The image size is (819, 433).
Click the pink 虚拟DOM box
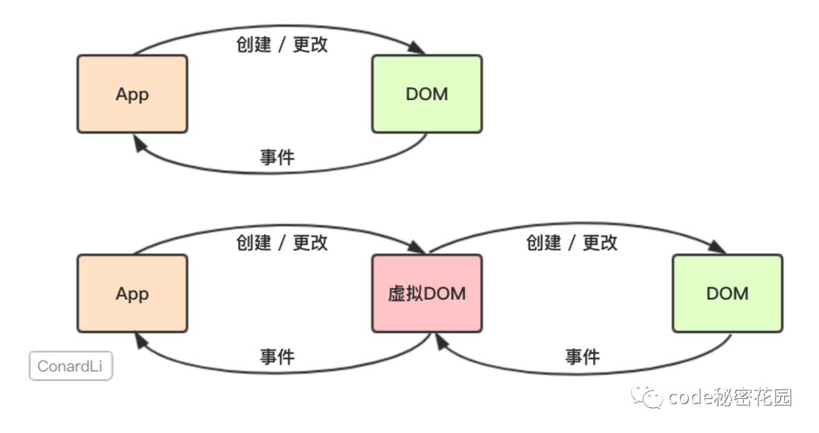pyautogui.click(x=426, y=293)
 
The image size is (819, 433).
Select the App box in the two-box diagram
pyautogui.click(x=132, y=94)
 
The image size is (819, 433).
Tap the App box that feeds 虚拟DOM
pyautogui.click(x=132, y=293)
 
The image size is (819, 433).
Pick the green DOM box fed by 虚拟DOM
pyautogui.click(x=726, y=293)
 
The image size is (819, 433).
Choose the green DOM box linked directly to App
pyautogui.click(x=426, y=94)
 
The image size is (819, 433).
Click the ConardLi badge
pyautogui.click(x=71, y=366)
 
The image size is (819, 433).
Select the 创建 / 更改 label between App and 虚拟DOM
pyautogui.click(x=281, y=243)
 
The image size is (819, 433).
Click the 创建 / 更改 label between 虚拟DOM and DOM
pyautogui.click(x=571, y=243)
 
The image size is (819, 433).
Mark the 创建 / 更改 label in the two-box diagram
pyautogui.click(x=281, y=44)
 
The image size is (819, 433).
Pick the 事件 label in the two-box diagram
pyautogui.click(x=277, y=157)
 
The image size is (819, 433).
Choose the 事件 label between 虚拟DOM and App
pyautogui.click(x=277, y=356)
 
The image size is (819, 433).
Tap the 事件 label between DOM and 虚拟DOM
pyautogui.click(x=582, y=356)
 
